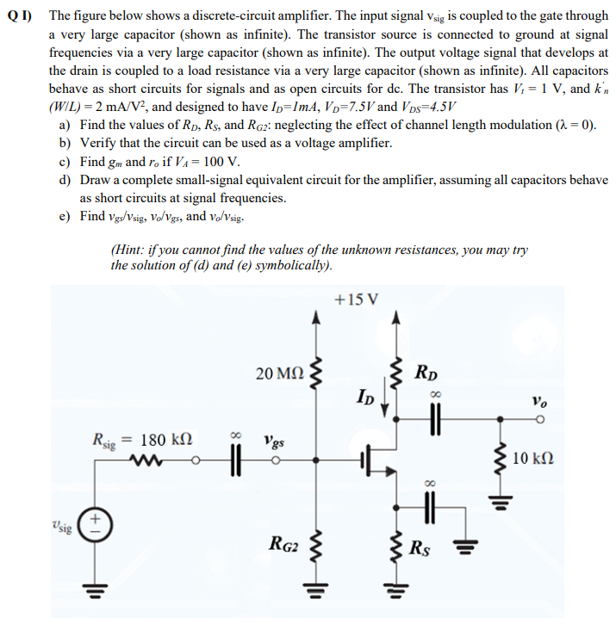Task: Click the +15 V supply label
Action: pos(355,299)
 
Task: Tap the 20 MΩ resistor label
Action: pos(278,374)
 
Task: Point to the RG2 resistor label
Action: pos(283,543)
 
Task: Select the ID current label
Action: pos(366,397)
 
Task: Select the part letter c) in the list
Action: pos(65,162)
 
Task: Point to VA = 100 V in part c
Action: pos(210,162)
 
